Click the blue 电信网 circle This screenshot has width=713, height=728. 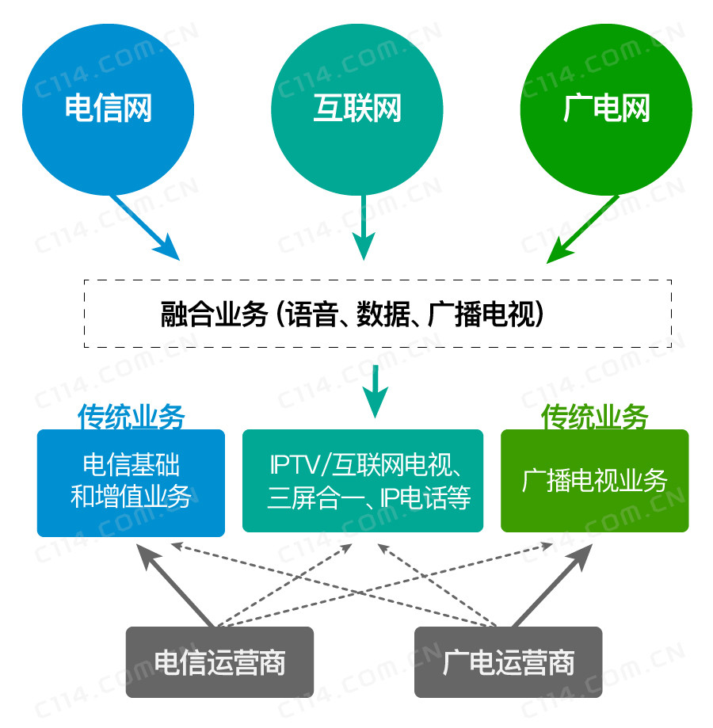click(109, 109)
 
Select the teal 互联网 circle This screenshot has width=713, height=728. click(357, 109)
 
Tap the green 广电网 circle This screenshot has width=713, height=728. click(606, 109)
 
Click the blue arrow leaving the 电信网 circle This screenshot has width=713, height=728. click(145, 227)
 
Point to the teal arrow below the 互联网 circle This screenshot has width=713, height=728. click(364, 227)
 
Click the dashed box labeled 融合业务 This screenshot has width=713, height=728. click(378, 314)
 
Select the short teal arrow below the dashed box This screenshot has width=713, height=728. click(375, 391)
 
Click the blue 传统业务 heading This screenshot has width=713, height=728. click(132, 417)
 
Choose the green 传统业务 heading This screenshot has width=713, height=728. click(595, 417)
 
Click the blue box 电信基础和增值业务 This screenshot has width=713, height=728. click(131, 483)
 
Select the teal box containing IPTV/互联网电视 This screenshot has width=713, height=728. click(363, 481)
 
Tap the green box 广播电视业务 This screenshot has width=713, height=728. click(595, 481)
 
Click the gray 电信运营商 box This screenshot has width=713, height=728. click(220, 662)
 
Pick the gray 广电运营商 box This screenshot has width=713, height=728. click(509, 662)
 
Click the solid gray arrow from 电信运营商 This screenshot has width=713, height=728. click(174, 586)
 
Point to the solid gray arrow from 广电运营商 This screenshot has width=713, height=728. click(552, 586)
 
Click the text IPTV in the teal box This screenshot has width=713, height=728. click(295, 465)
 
